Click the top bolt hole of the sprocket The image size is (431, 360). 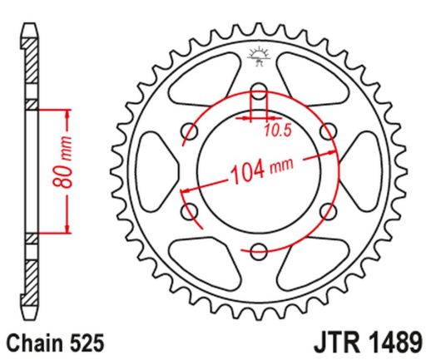259,91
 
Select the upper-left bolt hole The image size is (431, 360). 190,130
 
